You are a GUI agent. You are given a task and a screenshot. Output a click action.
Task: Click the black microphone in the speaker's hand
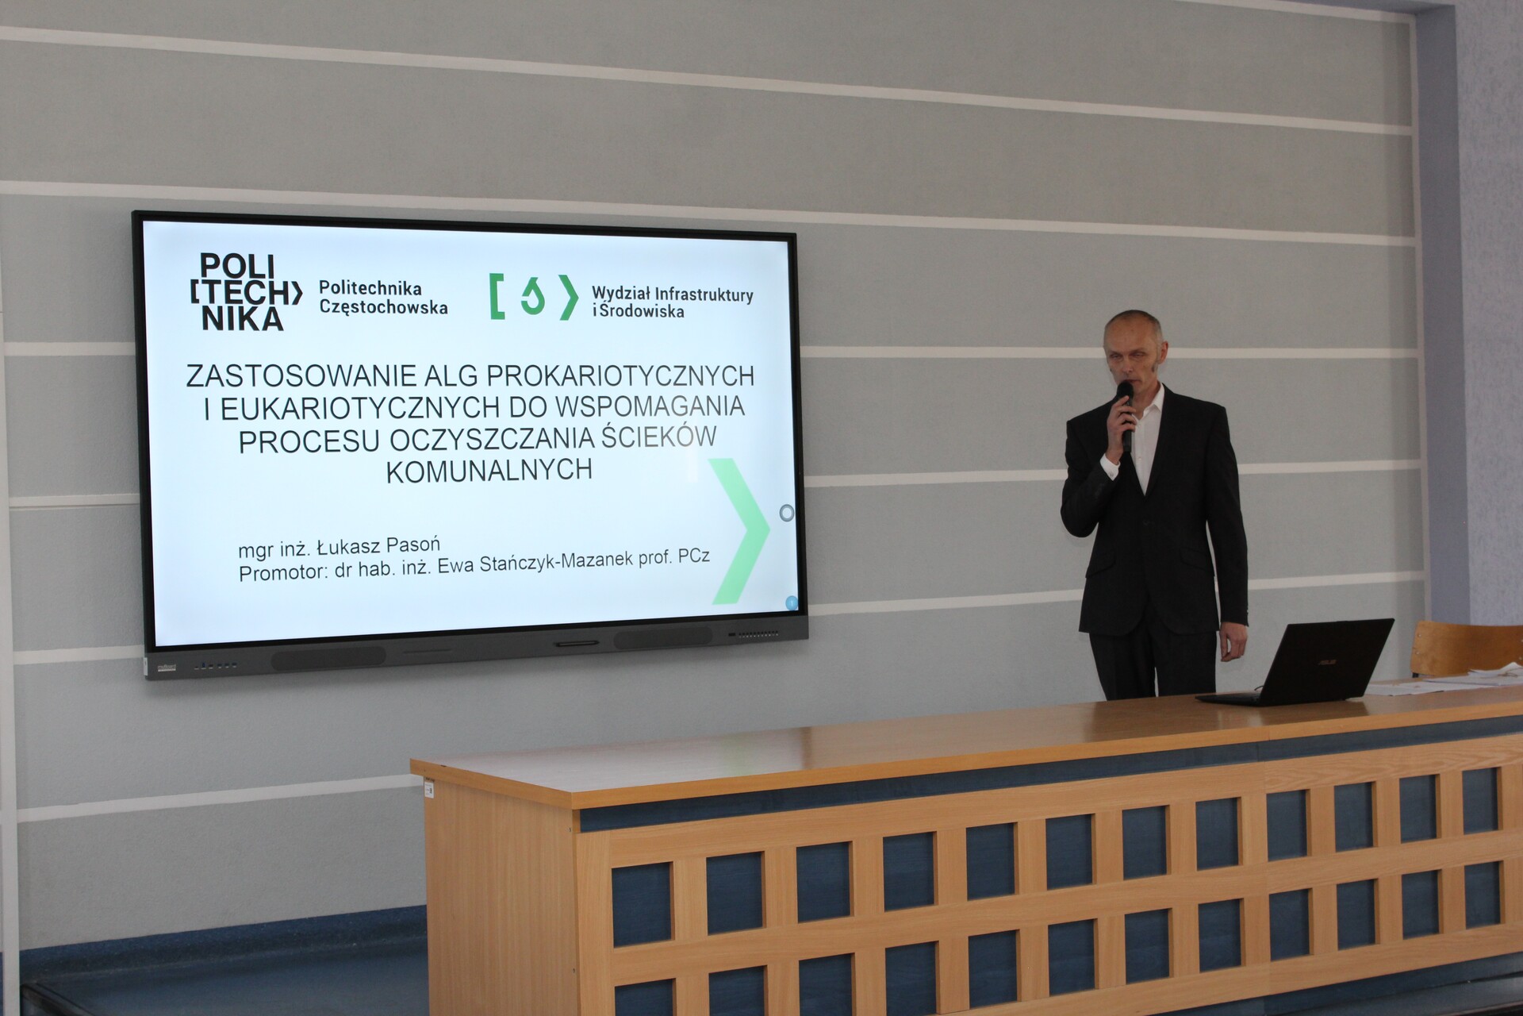click(1125, 416)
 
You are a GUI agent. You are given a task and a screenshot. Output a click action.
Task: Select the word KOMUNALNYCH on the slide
click(489, 470)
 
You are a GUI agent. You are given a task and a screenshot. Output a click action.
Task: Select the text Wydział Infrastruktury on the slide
click(672, 294)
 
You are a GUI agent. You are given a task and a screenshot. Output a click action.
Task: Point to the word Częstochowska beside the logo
click(383, 307)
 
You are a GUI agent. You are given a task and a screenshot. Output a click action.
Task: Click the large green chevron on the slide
click(739, 530)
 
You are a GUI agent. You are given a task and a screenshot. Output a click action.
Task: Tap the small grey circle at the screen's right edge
click(786, 513)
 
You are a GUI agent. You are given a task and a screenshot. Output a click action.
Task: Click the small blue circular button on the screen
click(791, 603)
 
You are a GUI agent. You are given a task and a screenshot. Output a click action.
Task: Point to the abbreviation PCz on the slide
click(693, 556)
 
